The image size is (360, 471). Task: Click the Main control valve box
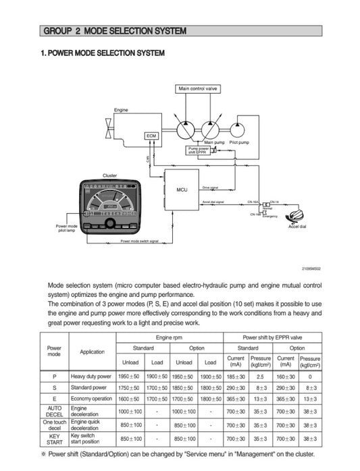(198, 88)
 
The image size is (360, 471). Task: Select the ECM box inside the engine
(151, 136)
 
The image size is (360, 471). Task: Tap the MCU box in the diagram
(182, 190)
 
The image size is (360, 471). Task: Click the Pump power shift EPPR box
(199, 151)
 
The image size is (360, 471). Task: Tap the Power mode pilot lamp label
(68, 228)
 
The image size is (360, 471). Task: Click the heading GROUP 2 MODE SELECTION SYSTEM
(114, 31)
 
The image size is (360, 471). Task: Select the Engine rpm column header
(170, 336)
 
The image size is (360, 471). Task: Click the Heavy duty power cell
(92, 376)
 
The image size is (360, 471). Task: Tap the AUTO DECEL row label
(54, 412)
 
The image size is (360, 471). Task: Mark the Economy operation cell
(92, 399)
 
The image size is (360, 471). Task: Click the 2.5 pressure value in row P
(260, 376)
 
